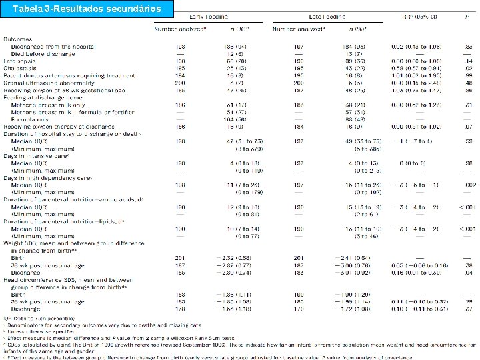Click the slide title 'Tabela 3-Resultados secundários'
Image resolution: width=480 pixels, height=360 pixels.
(87, 9)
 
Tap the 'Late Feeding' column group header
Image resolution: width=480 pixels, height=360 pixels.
(325, 15)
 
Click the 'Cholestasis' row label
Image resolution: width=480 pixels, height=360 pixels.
(19, 67)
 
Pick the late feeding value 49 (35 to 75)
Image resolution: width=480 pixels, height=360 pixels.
(351, 141)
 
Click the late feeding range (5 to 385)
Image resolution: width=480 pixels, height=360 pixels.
(349, 148)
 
